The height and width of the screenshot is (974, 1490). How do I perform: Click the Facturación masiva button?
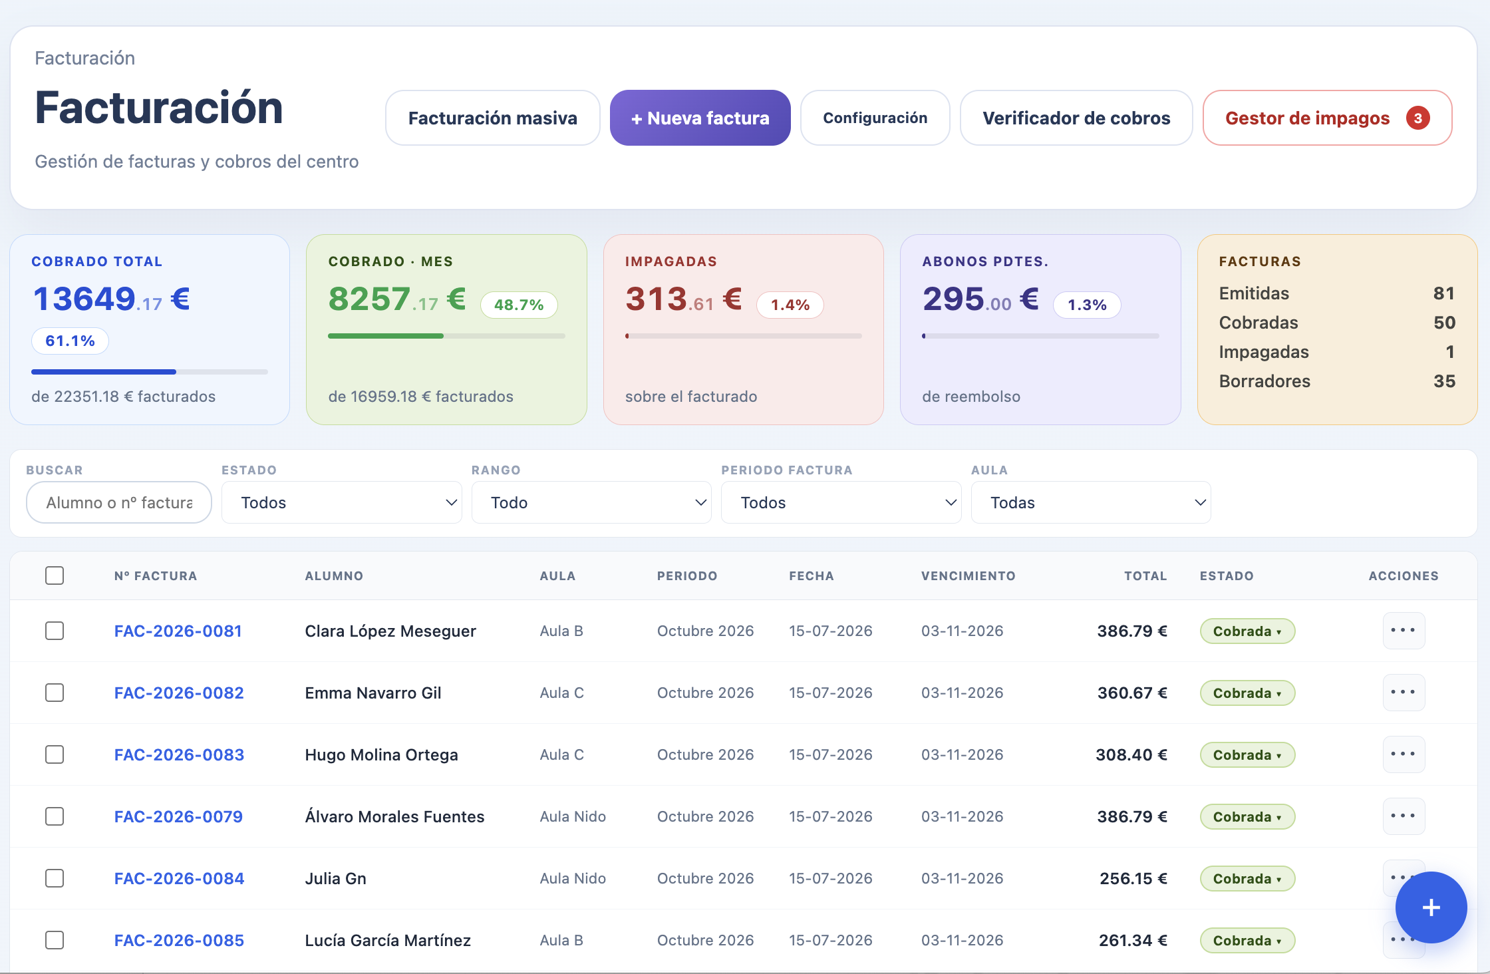point(493,118)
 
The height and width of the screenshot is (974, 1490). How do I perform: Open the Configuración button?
point(875,118)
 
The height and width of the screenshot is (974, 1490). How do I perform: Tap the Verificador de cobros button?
point(1076,118)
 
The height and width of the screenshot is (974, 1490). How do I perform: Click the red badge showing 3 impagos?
point(1417,118)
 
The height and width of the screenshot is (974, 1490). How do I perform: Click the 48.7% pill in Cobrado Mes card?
point(519,305)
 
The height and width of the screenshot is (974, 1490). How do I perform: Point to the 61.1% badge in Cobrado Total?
point(70,341)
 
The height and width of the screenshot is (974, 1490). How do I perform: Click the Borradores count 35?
point(1444,381)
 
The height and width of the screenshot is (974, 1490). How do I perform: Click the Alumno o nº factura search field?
point(119,502)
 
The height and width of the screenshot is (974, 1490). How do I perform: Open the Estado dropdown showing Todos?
point(341,502)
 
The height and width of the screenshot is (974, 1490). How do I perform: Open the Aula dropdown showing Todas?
point(1091,502)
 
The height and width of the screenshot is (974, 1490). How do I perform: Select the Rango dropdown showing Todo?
point(591,502)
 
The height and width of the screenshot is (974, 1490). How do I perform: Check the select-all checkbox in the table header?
point(55,575)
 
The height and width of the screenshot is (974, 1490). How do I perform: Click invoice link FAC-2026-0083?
point(179,754)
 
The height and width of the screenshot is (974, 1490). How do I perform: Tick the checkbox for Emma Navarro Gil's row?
point(55,693)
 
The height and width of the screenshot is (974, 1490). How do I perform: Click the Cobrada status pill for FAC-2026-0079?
point(1247,816)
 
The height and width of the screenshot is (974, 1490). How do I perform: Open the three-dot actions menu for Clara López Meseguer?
point(1404,630)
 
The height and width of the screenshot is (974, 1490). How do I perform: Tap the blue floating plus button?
point(1431,907)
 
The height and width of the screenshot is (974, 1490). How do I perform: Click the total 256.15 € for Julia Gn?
point(1133,878)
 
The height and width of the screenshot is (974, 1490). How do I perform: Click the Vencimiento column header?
point(968,576)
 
